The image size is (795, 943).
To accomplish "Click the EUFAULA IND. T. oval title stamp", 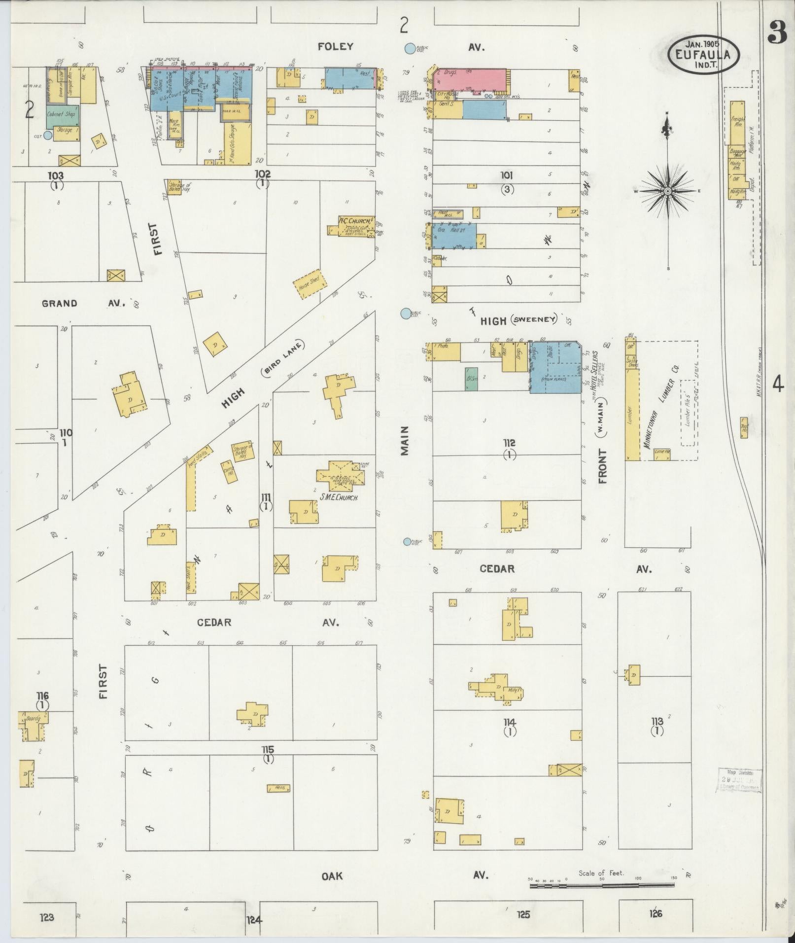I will click(x=703, y=55).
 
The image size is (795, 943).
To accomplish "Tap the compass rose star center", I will click(x=667, y=191).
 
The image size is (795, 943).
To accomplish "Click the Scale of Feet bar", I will click(x=602, y=886).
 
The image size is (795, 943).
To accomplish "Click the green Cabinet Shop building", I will click(x=62, y=118).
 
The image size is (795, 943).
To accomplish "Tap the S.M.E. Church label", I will click(x=340, y=497).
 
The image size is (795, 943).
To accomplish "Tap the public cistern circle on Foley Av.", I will click(x=409, y=48).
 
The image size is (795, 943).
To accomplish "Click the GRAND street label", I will click(x=59, y=303).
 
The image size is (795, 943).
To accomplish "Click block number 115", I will click(x=268, y=750).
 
